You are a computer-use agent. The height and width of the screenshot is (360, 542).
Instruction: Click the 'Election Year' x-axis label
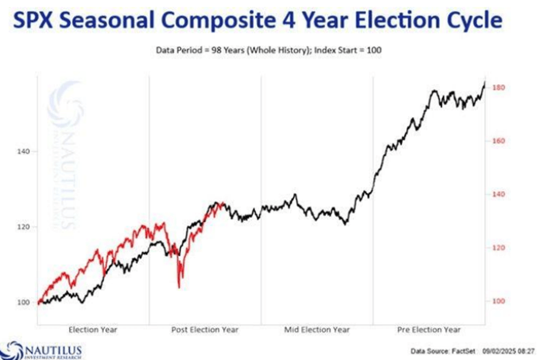93,330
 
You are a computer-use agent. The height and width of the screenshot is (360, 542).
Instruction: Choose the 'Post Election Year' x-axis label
204,330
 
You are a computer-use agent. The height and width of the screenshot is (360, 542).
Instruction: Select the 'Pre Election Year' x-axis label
428,330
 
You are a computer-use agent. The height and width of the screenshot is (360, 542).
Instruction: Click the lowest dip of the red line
179,287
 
